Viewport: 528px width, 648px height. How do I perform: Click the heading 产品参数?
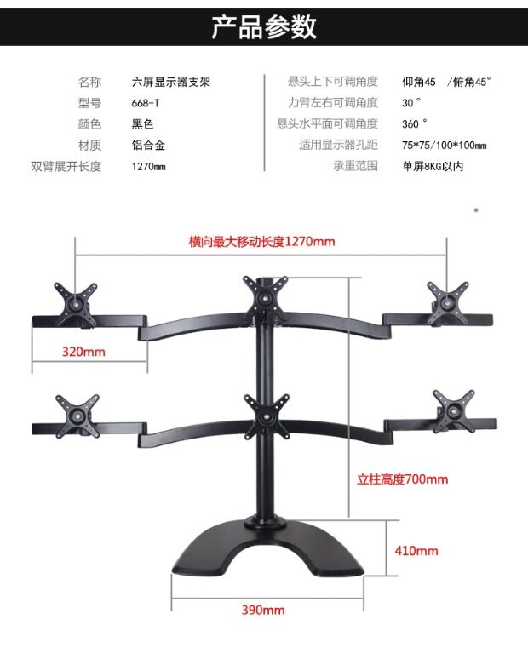(264, 26)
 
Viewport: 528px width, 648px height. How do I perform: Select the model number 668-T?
(146, 103)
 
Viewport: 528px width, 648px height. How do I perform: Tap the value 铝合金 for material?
(147, 146)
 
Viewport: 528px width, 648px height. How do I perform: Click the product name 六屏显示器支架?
(171, 83)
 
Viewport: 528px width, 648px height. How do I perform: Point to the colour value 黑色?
(142, 124)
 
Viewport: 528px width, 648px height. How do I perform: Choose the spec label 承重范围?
(354, 166)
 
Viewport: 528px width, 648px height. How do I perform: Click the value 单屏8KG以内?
(433, 167)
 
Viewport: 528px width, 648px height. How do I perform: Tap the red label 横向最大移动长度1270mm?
(261, 241)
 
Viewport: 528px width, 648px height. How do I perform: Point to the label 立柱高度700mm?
(402, 479)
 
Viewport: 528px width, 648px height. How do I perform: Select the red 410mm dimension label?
(416, 551)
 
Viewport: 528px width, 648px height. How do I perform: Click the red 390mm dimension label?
(263, 610)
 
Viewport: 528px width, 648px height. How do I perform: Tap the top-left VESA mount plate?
(76, 300)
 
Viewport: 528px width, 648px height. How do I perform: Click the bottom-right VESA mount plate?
(452, 406)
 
